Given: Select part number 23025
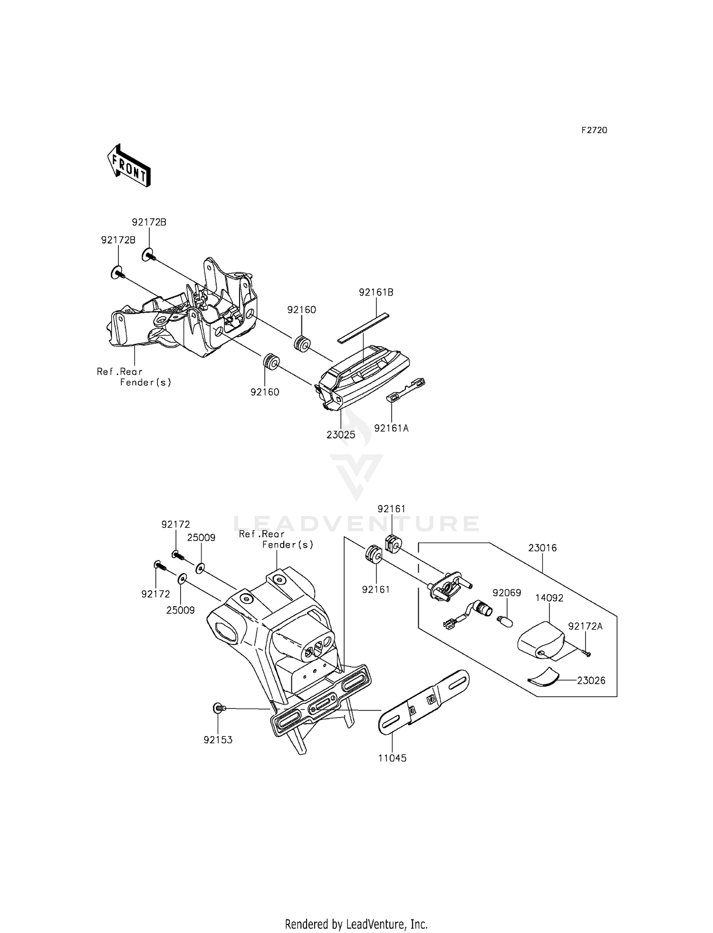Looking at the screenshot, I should (x=341, y=435).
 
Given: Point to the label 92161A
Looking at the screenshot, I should (x=391, y=428).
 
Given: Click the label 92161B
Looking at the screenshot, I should (x=376, y=292).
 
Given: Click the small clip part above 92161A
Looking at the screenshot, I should (x=407, y=389).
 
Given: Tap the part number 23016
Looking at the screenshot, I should (x=542, y=548).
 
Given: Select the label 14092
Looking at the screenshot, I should (x=549, y=598).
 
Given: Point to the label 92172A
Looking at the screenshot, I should (x=585, y=626).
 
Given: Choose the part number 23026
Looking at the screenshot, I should (x=591, y=680).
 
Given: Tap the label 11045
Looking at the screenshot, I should (x=392, y=758).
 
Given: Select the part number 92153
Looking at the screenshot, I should (x=218, y=740).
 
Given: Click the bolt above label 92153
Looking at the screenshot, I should (x=219, y=709).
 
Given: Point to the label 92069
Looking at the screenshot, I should (x=507, y=593).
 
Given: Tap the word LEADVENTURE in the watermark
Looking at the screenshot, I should (x=356, y=524).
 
